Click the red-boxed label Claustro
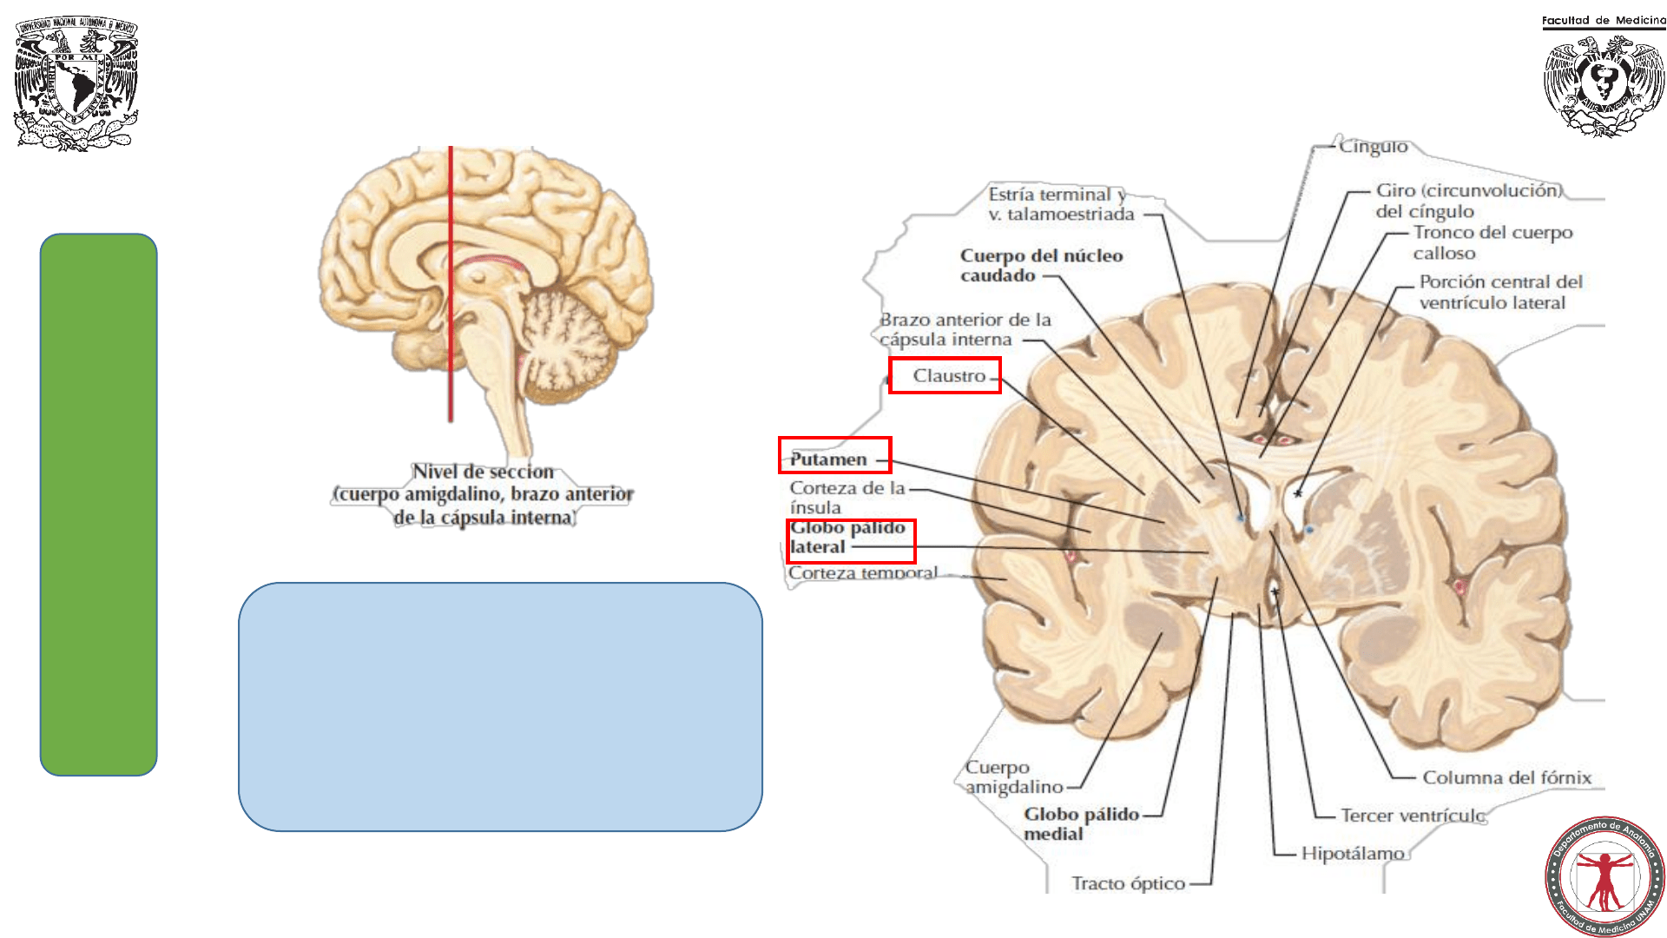[948, 376]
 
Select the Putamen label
[829, 459]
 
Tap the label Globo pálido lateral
[848, 538]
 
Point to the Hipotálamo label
[1352, 854]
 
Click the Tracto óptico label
[1128, 883]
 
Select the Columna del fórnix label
[1506, 777]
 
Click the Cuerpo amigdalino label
[1013, 777]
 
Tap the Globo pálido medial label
[1081, 823]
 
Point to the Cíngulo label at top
[1373, 147]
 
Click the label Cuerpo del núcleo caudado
[1041, 266]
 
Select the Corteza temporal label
[863, 572]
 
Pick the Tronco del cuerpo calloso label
[1492, 242]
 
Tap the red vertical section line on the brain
[451, 287]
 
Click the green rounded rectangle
[99, 504]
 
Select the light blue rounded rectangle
[500, 706]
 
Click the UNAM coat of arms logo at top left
[76, 83]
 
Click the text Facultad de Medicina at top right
[1603, 20]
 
